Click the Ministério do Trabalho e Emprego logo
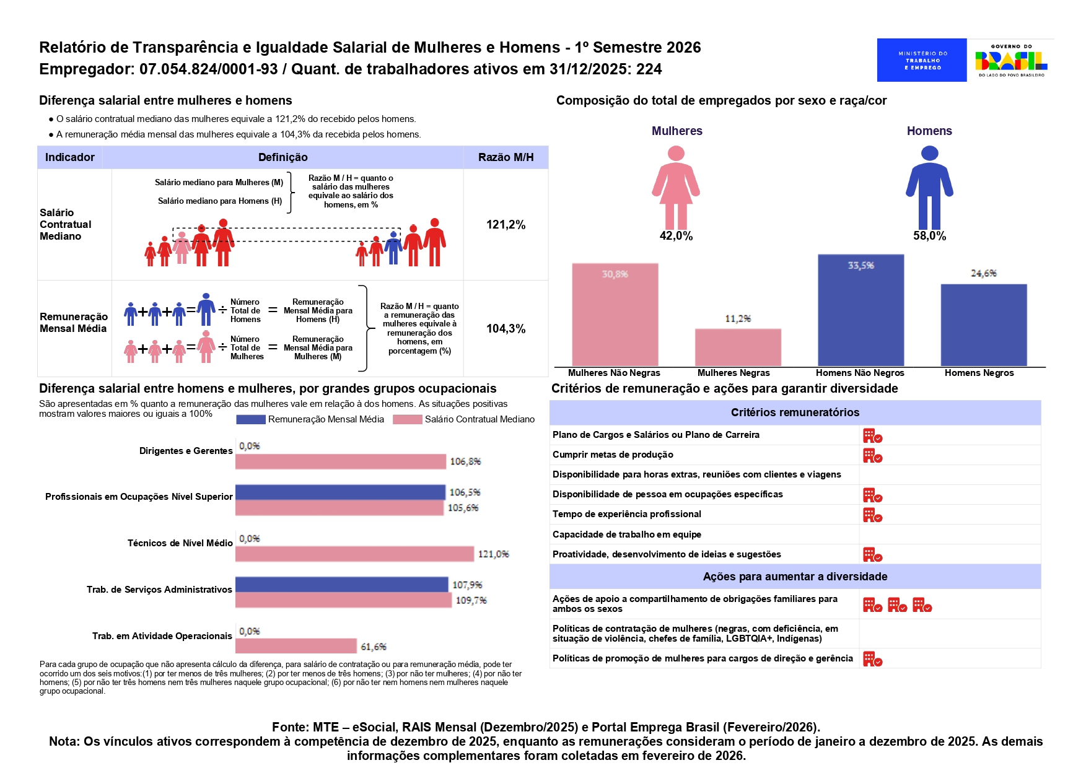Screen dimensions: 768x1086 click(921, 60)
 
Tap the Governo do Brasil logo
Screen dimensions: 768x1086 click(1011, 60)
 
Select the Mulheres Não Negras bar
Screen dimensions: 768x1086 click(615, 315)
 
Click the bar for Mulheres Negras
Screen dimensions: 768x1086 click(738, 347)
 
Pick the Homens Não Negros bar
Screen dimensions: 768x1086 click(860, 310)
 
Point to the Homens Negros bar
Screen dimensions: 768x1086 click(983, 325)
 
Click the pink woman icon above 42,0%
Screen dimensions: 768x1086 click(676, 187)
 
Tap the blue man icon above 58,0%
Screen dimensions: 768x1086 click(929, 187)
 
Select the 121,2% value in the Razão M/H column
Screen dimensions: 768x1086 click(506, 225)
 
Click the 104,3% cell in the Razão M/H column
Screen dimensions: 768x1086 click(506, 329)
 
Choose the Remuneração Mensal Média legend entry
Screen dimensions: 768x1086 click(310, 419)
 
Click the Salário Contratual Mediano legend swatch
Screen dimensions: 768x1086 click(407, 419)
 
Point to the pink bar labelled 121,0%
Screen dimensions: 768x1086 click(354, 554)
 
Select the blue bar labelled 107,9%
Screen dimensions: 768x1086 click(341, 585)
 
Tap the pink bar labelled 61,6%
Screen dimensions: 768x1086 click(296, 646)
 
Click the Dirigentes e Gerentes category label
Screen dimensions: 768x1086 click(186, 451)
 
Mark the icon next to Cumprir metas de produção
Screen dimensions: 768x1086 click(872, 456)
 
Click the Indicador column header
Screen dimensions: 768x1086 click(70, 157)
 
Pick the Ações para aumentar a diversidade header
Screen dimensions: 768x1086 click(795, 577)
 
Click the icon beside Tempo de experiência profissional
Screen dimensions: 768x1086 click(872, 515)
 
